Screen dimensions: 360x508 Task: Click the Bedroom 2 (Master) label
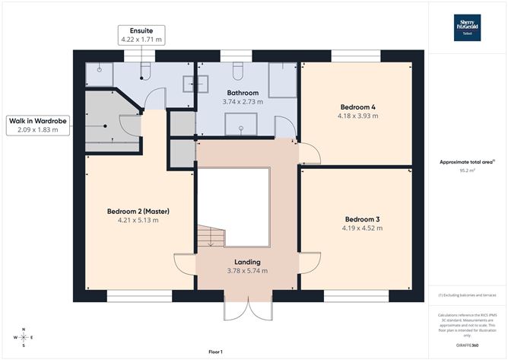point(139,209)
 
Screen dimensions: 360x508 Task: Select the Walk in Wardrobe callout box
point(37,125)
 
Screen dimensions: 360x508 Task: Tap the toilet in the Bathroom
point(237,71)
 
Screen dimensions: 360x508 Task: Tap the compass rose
point(23,336)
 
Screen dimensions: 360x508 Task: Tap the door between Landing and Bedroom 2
point(185,263)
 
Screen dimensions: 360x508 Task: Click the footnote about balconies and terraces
point(467,295)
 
